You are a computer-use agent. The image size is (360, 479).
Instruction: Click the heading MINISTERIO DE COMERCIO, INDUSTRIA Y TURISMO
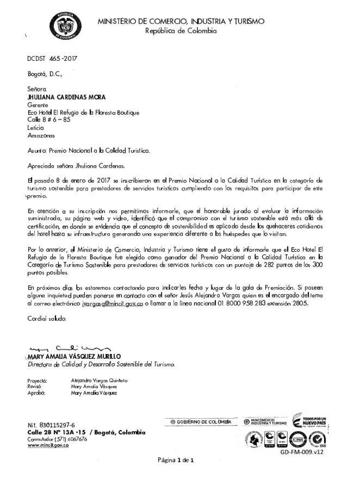pos(181,21)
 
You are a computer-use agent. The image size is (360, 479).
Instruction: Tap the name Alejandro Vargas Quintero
pos(99,380)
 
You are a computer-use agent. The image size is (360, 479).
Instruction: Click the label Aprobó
pos(36,392)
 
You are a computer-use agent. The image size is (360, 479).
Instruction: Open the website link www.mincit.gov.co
pos(48,445)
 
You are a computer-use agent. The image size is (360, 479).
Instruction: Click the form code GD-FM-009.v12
pos(302,451)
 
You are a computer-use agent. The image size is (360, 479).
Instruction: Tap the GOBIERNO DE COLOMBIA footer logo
pos(200,422)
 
